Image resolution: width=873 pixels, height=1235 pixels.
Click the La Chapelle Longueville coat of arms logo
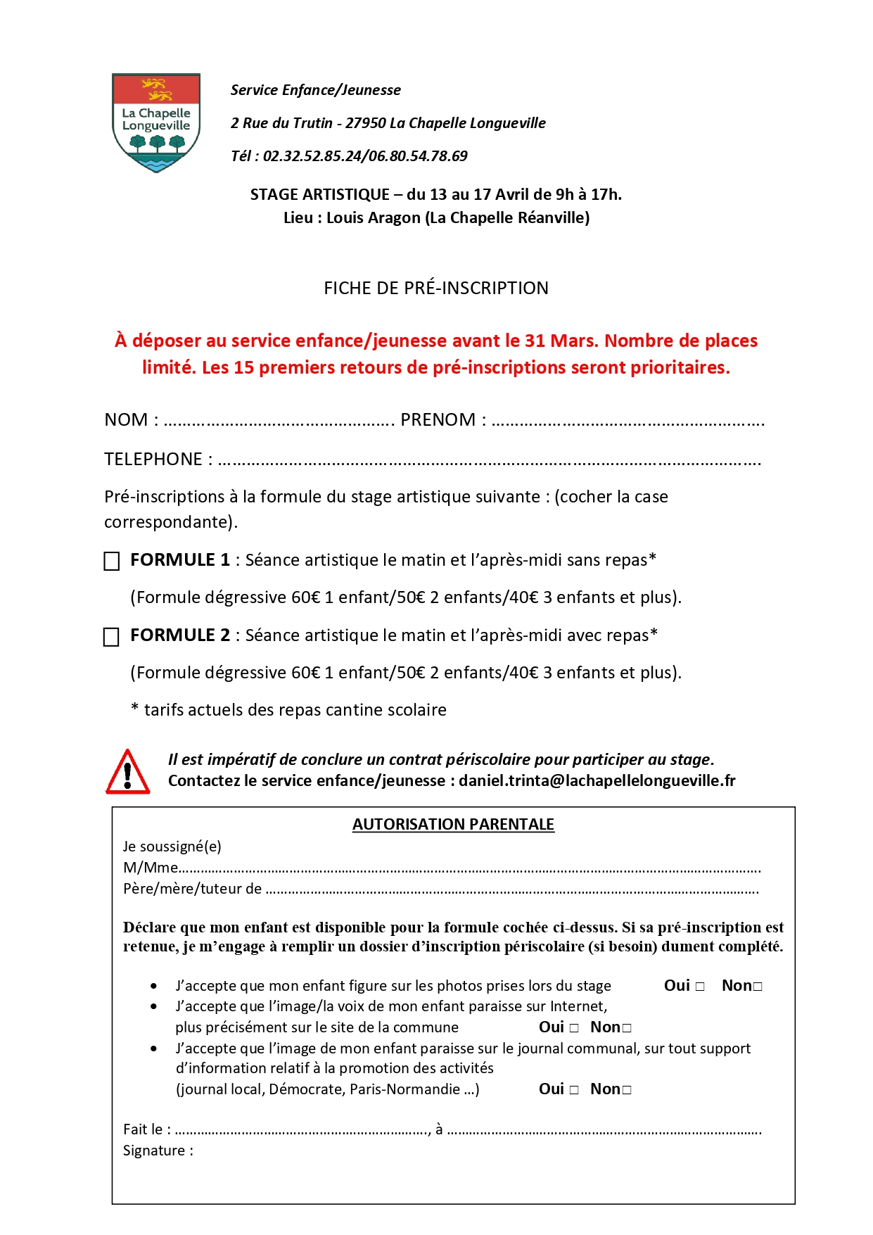(x=156, y=122)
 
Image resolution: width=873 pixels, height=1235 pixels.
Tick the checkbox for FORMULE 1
(x=112, y=562)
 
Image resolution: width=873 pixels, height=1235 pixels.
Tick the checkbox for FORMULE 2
(x=112, y=637)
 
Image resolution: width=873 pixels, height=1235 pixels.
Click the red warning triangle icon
(x=127, y=773)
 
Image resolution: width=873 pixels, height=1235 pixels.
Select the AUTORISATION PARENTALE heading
(x=453, y=824)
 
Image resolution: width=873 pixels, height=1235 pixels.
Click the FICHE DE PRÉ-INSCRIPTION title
(x=436, y=288)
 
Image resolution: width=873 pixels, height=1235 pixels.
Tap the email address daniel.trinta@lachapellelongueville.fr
(x=597, y=780)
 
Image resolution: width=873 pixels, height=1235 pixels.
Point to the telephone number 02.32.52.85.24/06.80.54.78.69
(x=365, y=156)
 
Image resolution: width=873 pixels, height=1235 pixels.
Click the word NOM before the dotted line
(x=126, y=420)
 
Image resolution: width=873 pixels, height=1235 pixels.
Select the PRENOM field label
(x=438, y=420)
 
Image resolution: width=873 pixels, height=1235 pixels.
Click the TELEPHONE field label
(x=153, y=460)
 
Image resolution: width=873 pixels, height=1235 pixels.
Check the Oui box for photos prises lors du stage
(x=700, y=987)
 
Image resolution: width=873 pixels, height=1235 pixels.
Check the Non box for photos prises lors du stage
(x=758, y=987)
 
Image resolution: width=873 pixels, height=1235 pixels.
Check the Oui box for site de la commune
(x=574, y=1028)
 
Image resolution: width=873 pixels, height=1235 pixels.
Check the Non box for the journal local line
(x=627, y=1090)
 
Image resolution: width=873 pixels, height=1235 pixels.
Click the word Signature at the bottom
(x=154, y=1151)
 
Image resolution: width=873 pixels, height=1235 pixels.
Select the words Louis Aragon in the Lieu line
(x=374, y=218)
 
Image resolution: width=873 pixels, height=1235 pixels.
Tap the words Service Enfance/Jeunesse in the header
(x=316, y=90)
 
